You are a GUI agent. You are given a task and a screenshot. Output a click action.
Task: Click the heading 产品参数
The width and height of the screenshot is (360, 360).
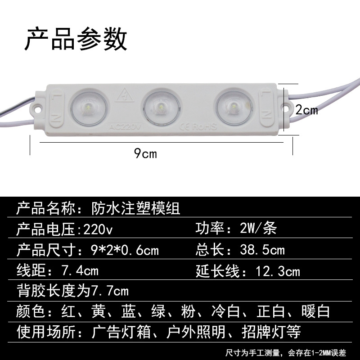tap(76, 39)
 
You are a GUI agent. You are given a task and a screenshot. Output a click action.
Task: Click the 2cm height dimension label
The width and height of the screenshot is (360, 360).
tap(306, 109)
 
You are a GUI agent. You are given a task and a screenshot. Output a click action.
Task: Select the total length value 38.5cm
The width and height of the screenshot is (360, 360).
tap(263, 250)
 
